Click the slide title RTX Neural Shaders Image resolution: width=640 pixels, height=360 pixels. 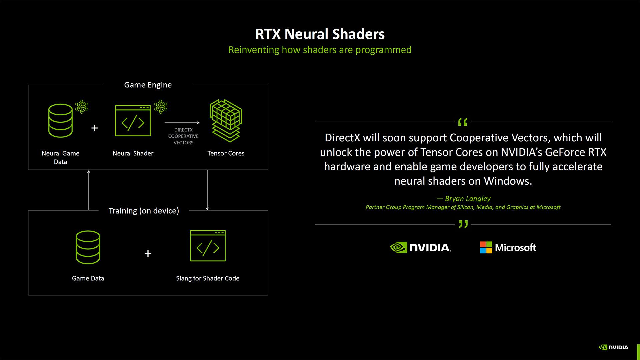click(x=320, y=34)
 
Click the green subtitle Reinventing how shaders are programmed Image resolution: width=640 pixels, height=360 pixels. click(x=320, y=50)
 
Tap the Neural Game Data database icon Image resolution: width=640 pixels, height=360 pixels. click(x=60, y=121)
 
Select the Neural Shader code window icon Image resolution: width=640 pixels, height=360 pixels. click(x=133, y=121)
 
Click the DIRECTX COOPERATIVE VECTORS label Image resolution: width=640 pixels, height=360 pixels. click(x=183, y=136)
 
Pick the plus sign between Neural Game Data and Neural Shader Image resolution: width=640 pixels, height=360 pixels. click(x=95, y=128)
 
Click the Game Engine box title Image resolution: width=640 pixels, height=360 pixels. click(x=148, y=85)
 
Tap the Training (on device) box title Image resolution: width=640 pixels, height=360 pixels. click(x=144, y=211)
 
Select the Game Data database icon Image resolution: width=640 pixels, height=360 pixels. click(x=88, y=247)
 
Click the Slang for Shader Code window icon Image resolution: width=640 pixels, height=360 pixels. click(x=208, y=246)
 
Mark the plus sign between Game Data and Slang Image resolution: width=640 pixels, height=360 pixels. click(x=148, y=254)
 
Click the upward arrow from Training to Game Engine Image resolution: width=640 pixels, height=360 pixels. click(x=89, y=190)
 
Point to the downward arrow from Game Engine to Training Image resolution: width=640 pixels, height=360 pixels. click(x=207, y=190)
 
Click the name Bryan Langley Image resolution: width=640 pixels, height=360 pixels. click(x=467, y=199)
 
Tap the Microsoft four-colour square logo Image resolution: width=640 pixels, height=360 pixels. click(x=486, y=247)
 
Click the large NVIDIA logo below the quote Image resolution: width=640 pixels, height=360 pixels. click(x=420, y=247)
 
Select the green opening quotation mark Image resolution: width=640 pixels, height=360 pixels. click(x=463, y=122)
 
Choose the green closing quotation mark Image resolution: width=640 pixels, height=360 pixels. click(x=463, y=224)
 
